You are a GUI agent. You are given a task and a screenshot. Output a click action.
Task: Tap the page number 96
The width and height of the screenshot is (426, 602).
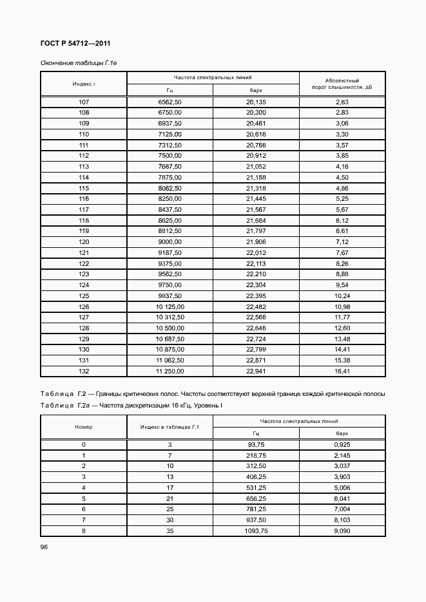click(x=44, y=547)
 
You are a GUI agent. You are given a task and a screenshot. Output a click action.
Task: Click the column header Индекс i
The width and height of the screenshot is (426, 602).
click(x=84, y=84)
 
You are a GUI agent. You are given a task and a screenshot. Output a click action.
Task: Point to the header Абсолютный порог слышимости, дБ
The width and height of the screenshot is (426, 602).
click(x=342, y=84)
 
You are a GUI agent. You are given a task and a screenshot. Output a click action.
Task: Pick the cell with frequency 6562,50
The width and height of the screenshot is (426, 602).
click(x=169, y=102)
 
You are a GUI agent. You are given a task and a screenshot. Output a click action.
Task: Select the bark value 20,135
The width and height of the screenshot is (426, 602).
click(x=256, y=102)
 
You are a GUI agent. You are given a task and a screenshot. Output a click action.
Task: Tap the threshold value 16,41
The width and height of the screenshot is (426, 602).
click(x=342, y=371)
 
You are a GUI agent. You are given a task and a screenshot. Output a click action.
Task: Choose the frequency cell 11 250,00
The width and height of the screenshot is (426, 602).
click(x=169, y=371)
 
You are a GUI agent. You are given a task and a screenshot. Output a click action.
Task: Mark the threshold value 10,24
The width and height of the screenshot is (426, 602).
click(x=342, y=295)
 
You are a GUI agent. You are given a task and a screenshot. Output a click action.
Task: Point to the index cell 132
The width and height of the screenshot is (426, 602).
click(x=84, y=371)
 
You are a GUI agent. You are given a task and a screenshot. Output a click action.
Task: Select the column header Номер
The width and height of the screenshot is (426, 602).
click(x=84, y=427)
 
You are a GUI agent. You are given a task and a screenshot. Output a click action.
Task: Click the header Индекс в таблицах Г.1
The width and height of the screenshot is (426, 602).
click(x=169, y=427)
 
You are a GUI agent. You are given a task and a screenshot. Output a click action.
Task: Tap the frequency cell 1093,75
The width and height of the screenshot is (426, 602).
click(x=256, y=531)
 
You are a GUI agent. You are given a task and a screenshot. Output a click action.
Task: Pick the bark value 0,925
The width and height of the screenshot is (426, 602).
click(x=342, y=445)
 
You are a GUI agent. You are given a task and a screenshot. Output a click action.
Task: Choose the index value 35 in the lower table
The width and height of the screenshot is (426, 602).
click(x=169, y=531)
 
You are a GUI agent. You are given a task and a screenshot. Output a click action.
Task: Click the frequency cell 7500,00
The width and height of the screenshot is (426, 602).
click(x=169, y=156)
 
